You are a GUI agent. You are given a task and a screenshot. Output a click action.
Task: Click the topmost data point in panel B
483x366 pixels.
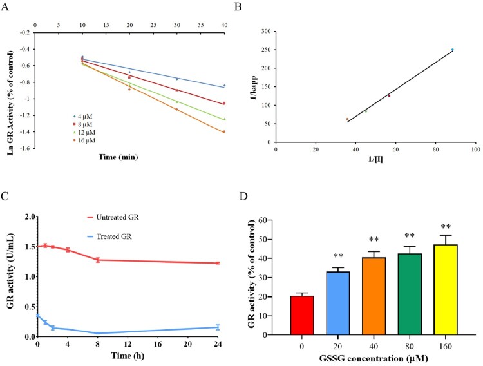(x=452, y=50)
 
